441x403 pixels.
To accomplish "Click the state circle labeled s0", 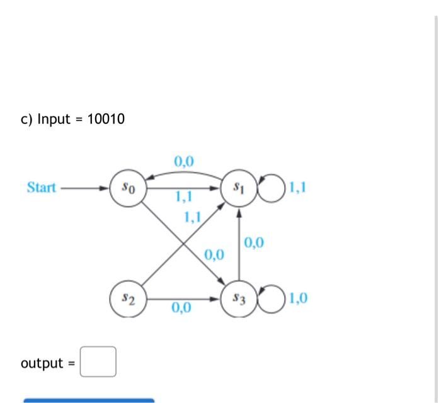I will (x=128, y=188).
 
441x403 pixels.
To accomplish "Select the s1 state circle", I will (x=238, y=188).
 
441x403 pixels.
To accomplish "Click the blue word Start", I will (x=42, y=188).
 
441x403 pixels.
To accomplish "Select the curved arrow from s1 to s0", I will (x=183, y=173).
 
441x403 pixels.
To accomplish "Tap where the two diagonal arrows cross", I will (x=183, y=243).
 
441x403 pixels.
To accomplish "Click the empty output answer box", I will (x=98, y=362).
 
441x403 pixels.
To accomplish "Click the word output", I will (x=42, y=363).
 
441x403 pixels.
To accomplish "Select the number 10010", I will (x=105, y=118).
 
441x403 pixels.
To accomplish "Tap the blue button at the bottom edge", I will (x=88, y=400).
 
